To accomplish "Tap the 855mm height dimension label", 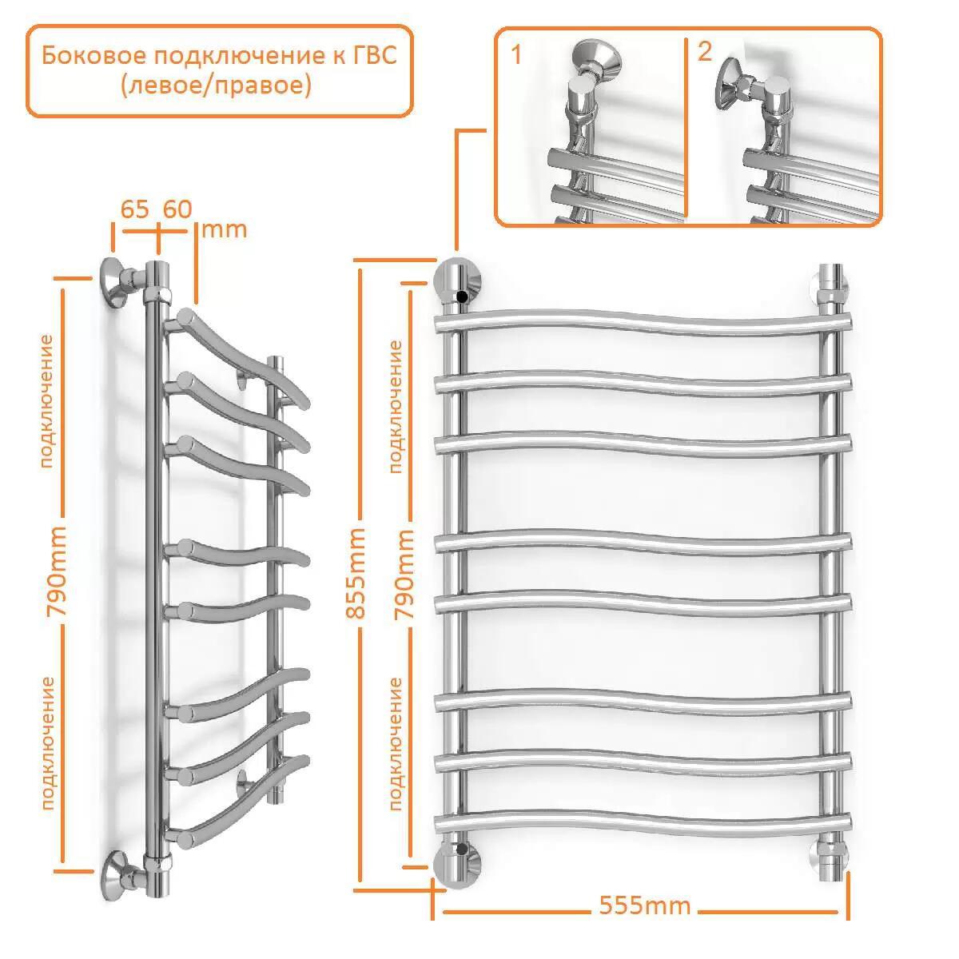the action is click(356, 573).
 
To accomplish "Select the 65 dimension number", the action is click(134, 209).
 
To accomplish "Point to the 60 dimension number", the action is click(177, 209).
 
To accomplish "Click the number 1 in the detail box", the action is click(516, 54).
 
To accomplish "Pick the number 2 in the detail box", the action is click(704, 51).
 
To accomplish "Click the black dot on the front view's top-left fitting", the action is click(463, 297).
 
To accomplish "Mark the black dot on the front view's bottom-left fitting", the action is click(462, 849).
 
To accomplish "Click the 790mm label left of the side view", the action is click(56, 571).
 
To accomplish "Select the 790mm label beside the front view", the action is click(404, 574).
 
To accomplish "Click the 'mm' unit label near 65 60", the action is click(224, 230).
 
